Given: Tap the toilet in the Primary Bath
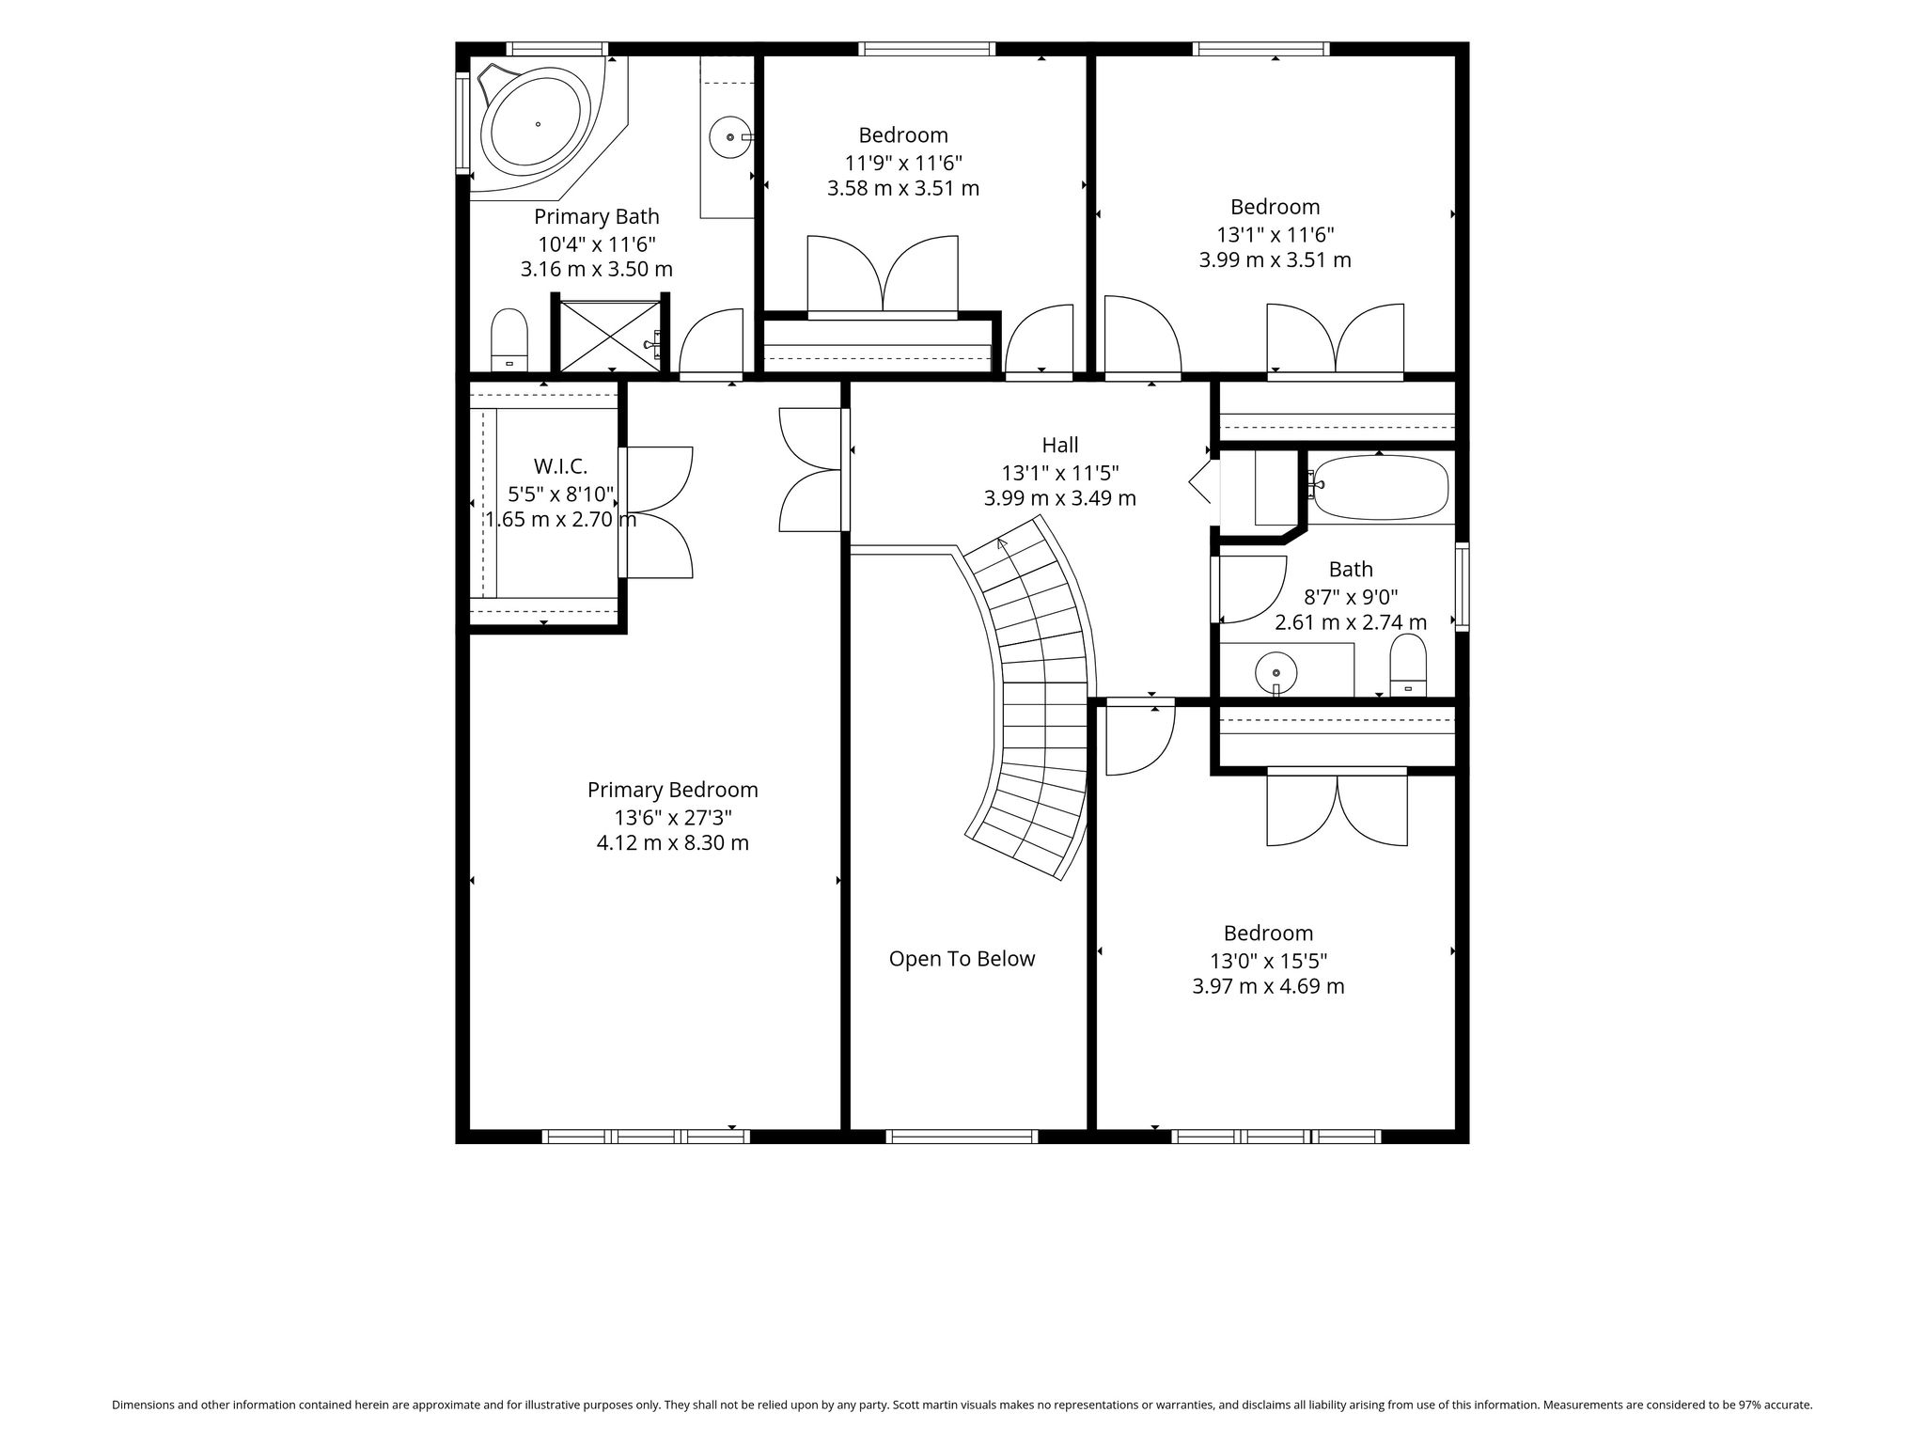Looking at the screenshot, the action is pos(509,339).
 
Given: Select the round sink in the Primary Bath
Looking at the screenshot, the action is pos(729,137).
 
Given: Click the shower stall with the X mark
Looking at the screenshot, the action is pos(610,335).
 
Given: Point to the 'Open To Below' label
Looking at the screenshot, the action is pos(962,959).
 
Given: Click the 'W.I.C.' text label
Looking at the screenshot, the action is pos(560,466).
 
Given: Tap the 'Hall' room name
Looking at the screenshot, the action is pos(1059,445).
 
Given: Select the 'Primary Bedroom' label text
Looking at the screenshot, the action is pos(673,790).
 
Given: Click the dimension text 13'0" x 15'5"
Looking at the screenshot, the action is pos(1268,961).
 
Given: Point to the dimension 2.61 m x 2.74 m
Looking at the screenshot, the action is pos(1351,622).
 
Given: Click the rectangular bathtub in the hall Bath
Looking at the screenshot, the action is pos(1380,487).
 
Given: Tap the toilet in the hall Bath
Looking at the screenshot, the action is pos(1408,665).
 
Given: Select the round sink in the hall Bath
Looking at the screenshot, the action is pos(1276,673).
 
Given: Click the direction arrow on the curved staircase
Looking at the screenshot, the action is pos(1001,542).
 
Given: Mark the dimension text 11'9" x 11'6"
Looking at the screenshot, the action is pos(903,162).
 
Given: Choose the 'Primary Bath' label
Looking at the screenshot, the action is pos(597,216).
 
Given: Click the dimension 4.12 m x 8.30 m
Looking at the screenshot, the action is pos(673,843).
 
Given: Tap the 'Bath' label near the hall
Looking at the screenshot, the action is pos(1351,570).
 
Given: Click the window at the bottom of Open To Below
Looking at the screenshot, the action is pos(962,1137).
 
